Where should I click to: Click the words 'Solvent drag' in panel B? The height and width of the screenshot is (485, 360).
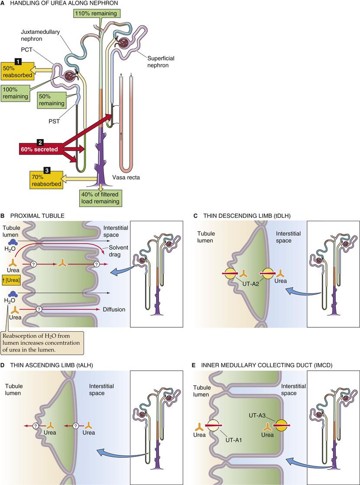114,243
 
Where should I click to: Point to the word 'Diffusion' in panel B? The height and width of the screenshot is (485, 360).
114,309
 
